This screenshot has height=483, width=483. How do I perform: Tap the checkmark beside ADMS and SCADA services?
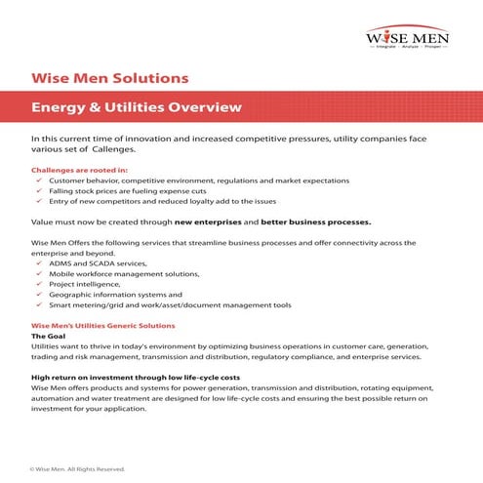click(37, 263)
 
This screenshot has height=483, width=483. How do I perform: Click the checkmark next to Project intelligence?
click(37, 284)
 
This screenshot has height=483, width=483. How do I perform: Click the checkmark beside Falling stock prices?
click(37, 190)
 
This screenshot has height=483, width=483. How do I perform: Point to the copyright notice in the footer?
click(78, 468)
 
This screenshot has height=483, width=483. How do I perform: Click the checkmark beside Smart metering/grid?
click(37, 304)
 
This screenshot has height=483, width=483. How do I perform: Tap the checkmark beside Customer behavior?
click(37, 181)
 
